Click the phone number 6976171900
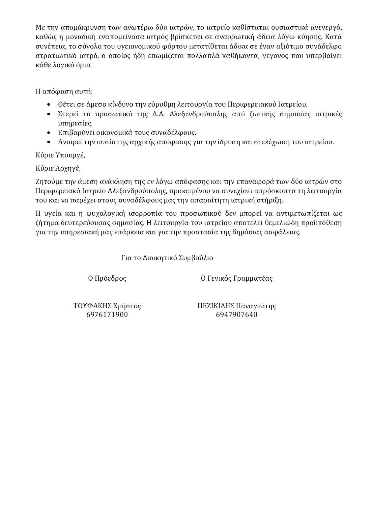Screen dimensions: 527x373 point(107,315)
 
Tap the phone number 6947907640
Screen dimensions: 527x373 point(237,315)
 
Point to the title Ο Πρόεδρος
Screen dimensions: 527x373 point(107,278)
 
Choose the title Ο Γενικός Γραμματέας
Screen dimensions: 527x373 point(237,278)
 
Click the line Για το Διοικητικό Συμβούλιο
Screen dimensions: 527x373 point(167,258)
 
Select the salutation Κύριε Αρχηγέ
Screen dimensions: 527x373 point(58,168)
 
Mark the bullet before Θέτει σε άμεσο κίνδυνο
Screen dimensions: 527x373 point(49,105)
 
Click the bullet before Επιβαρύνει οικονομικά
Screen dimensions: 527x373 point(49,133)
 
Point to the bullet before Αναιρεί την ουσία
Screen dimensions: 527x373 point(49,142)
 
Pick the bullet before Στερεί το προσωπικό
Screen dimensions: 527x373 point(49,114)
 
